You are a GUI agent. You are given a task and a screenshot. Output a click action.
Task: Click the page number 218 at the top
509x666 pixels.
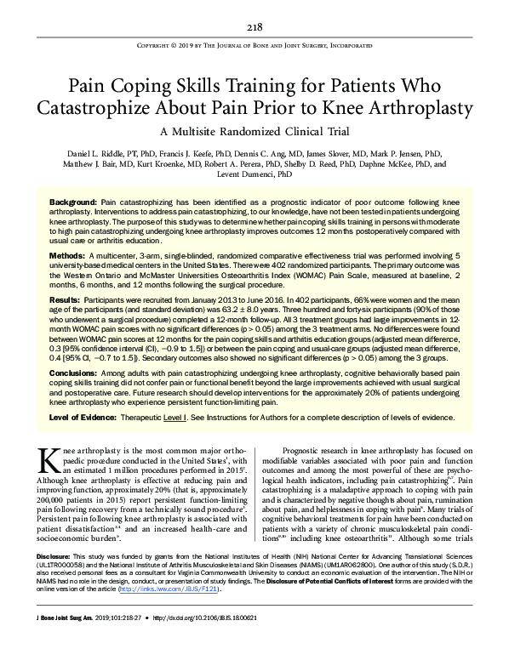click(x=254, y=26)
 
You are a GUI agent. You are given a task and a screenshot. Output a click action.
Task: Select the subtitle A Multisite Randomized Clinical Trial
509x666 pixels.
click(x=254, y=131)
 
